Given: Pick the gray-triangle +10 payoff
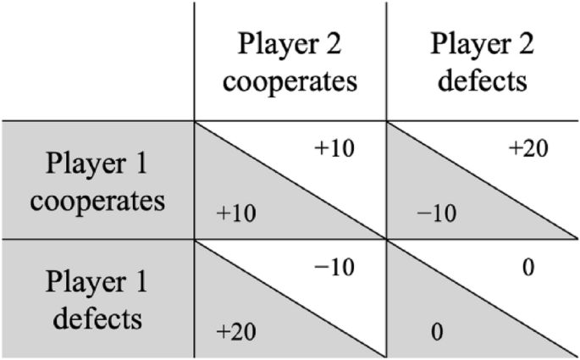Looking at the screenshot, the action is point(235,212).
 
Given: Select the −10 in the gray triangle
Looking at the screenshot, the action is point(436,213).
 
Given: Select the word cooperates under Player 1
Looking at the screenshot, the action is point(97,203).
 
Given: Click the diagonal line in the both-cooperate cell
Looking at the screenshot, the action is point(290,180).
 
